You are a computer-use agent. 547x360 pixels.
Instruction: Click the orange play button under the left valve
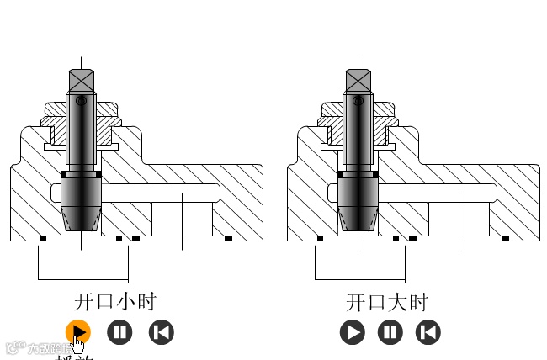(77, 331)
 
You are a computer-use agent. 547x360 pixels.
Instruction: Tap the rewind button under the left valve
(161, 332)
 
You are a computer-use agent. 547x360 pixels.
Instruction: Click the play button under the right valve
(353, 332)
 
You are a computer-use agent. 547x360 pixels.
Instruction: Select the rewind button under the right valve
(428, 332)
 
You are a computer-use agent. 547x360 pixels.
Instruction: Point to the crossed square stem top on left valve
(82, 82)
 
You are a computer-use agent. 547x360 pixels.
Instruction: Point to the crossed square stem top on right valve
(358, 82)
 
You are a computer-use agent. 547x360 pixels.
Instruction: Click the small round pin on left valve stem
(81, 101)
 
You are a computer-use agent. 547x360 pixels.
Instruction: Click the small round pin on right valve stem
(358, 102)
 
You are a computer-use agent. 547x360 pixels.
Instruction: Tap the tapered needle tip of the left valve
(82, 221)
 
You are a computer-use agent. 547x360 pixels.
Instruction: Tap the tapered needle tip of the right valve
(358, 220)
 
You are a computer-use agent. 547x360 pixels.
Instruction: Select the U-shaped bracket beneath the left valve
(82, 278)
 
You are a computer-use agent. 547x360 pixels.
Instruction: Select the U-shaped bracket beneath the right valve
(359, 278)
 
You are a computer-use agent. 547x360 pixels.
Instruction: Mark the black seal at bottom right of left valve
(228, 238)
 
